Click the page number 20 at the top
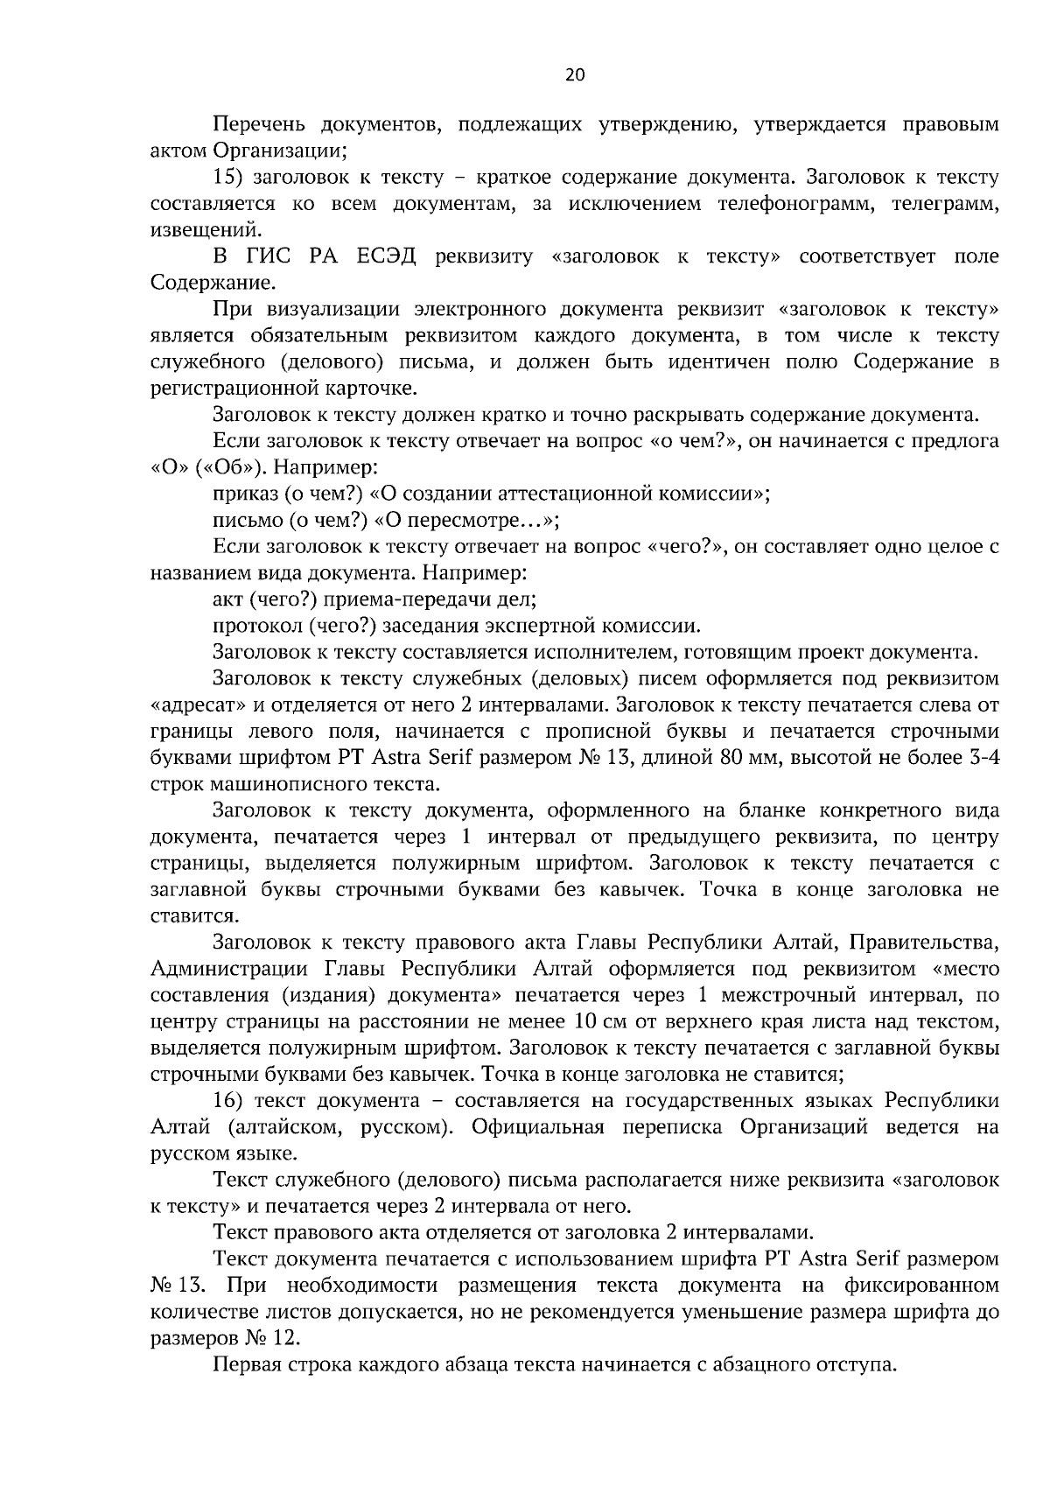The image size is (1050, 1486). click(575, 75)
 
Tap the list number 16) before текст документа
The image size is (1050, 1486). click(228, 1100)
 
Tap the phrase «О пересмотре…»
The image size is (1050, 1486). click(466, 521)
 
